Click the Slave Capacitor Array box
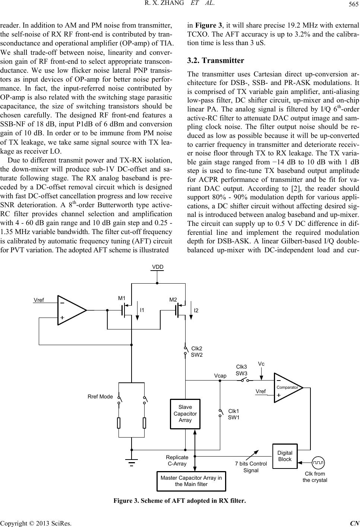[185, 413]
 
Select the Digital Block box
[285, 456]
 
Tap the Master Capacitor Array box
[191, 481]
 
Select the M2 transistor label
[173, 300]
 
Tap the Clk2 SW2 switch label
[196, 351]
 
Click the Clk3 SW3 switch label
[242, 370]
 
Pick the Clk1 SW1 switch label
[234, 414]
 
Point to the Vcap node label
[220, 376]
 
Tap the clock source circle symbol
[319, 463]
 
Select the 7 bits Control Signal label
[251, 467]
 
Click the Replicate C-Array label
[177, 460]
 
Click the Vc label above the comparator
[261, 363]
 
